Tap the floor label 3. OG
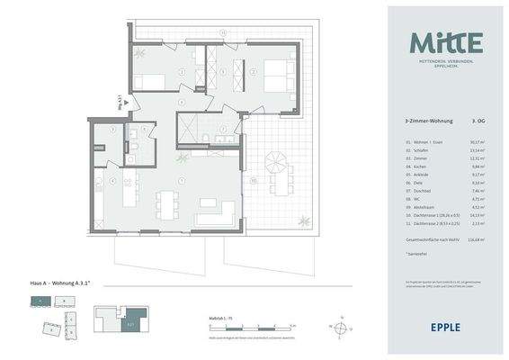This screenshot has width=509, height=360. [479, 119]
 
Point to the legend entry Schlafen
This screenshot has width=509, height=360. [421, 148]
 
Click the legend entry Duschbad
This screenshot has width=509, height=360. [422, 191]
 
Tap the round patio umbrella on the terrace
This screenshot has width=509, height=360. [275, 165]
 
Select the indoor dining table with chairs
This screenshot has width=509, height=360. [169, 200]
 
